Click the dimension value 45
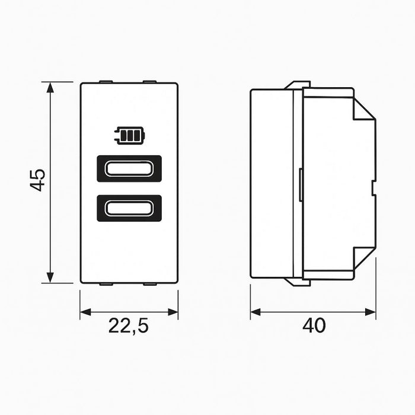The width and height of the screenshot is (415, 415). [38, 180]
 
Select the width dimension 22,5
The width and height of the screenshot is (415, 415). [129, 326]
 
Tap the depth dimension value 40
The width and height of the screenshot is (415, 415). [314, 325]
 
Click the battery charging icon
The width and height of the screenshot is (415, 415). [129, 137]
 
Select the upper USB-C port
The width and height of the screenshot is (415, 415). [129, 168]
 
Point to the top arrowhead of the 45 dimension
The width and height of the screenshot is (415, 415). [51, 87]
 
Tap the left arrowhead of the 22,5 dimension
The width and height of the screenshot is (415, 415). [85, 312]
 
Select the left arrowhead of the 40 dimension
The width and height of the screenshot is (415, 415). [255, 312]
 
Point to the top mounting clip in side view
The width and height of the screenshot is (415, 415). [298, 85]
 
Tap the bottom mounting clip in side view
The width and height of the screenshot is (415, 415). [298, 282]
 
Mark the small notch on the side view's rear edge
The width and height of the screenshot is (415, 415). [373, 188]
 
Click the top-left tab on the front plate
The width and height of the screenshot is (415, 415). [106, 81]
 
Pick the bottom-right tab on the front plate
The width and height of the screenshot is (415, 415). [150, 284]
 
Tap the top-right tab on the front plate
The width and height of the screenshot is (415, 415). [150, 81]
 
